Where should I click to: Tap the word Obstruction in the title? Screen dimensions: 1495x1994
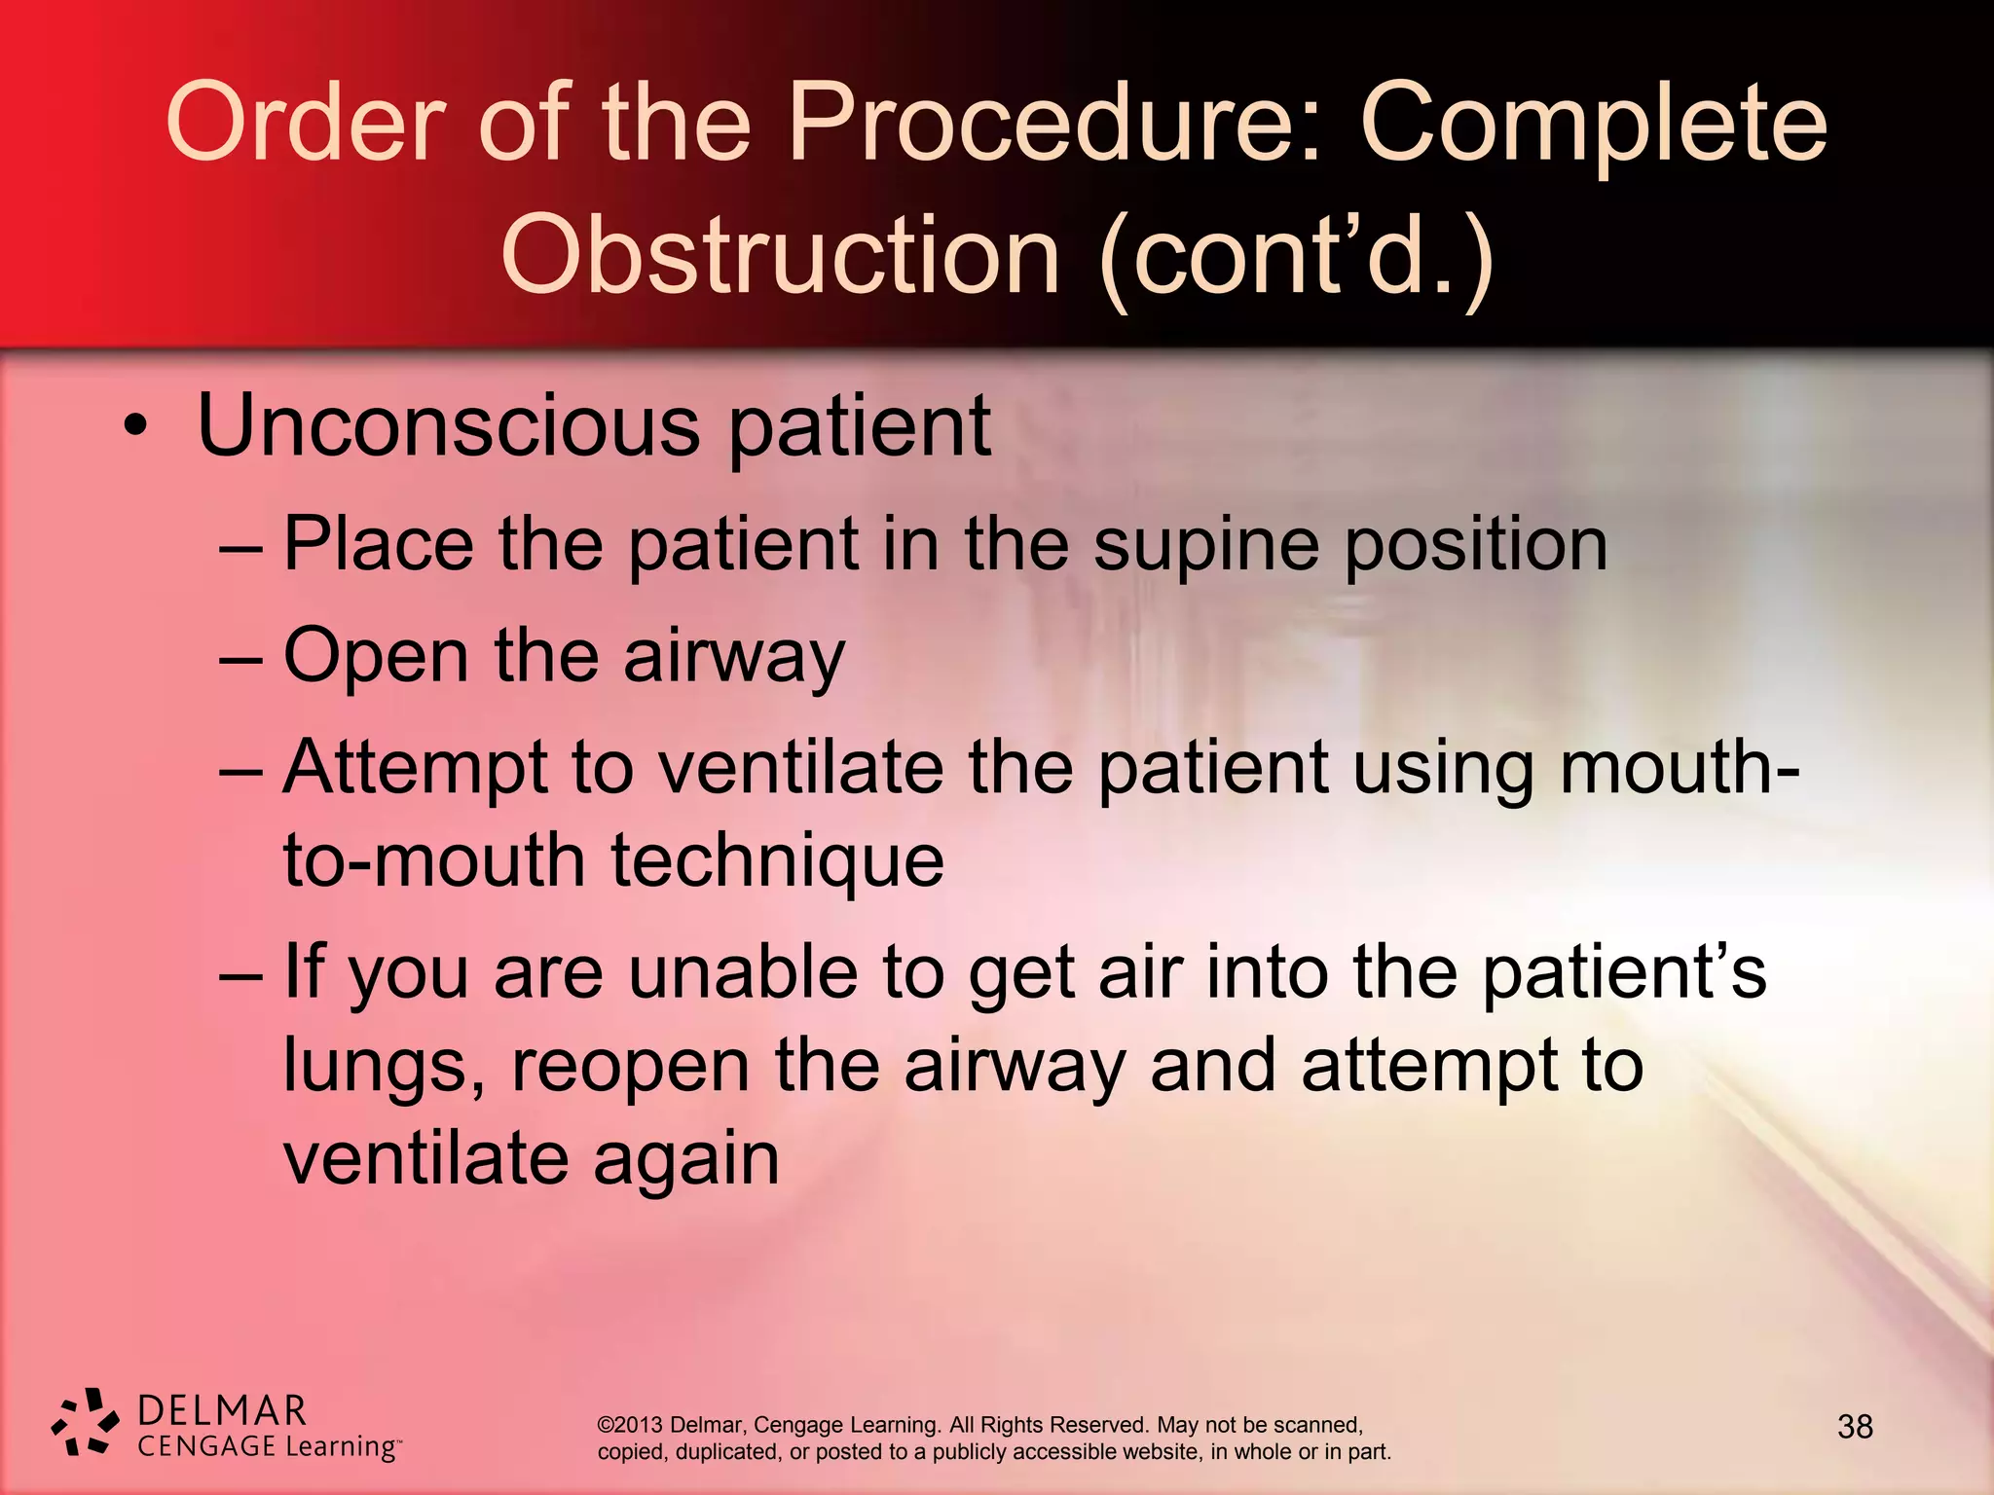[x=779, y=255]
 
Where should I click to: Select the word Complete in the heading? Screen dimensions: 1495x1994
[x=1593, y=124]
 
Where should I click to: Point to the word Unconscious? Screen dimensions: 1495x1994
[x=448, y=426]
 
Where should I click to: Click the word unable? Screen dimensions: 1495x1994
[x=741, y=972]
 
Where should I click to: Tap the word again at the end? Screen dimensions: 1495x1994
[x=685, y=1159]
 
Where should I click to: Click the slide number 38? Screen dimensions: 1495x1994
[x=1854, y=1427]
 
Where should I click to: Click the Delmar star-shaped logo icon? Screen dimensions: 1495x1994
[x=86, y=1422]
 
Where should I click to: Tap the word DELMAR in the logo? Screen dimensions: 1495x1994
[x=222, y=1410]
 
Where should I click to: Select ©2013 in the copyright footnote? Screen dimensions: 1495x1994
[x=630, y=1425]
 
